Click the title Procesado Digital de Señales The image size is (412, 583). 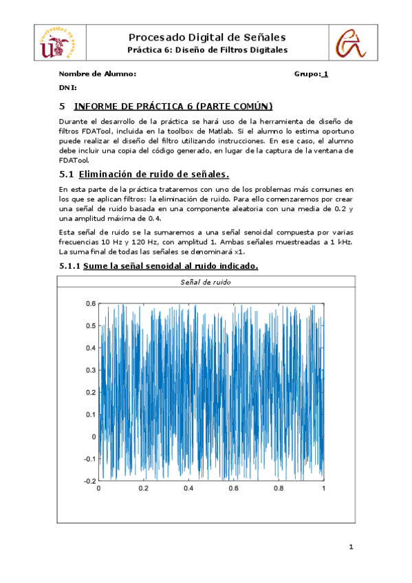pos(207,37)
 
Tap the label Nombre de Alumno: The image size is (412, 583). pos(98,74)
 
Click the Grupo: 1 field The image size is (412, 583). pos(311,74)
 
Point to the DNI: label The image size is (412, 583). pos(67,88)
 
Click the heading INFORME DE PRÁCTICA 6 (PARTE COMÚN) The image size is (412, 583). pos(173,106)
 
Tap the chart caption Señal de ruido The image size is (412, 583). pos(206,282)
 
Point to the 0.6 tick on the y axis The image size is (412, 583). pos(89,303)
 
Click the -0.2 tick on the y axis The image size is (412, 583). pos(89,481)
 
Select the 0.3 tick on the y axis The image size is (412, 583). pos(89,370)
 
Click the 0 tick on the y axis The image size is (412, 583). pos(93,437)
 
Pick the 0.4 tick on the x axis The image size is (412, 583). pos(188,489)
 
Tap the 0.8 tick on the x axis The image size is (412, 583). pos(279,489)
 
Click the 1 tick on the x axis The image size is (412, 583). pos(323,489)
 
